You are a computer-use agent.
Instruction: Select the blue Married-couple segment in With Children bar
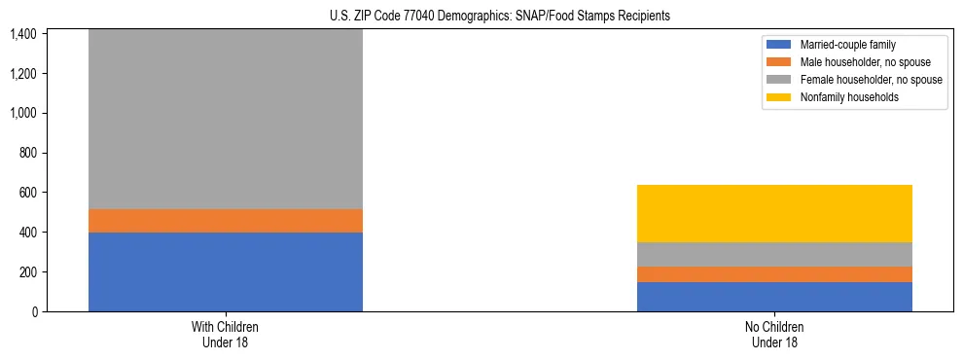pos(226,271)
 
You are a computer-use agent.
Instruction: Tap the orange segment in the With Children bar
pos(226,221)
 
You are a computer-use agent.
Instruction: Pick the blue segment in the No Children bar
pos(774,297)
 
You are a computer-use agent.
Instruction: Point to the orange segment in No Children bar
pos(774,274)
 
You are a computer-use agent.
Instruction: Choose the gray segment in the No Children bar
pos(774,254)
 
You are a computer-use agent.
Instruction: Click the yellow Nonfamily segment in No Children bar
pos(774,213)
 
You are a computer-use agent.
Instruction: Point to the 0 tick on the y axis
pos(35,311)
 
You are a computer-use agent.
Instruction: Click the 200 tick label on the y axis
pos(29,272)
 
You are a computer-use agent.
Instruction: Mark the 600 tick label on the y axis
pos(29,193)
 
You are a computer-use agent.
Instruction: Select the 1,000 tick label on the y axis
pos(25,113)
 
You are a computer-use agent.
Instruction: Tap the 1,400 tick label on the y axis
pos(25,34)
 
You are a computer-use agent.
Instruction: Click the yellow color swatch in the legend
pos(779,97)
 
